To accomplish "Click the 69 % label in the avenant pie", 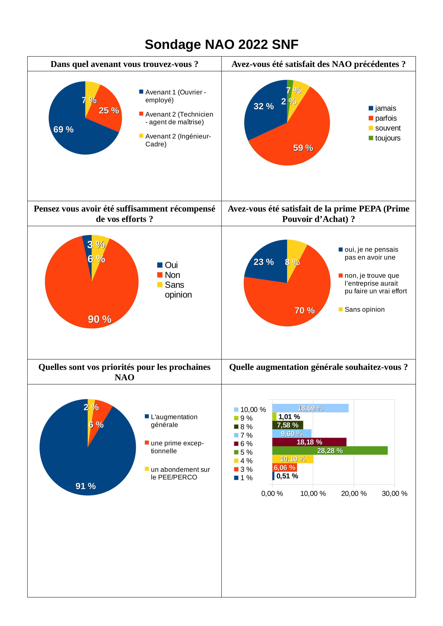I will point(63,130).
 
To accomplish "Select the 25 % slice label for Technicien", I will point(109,110).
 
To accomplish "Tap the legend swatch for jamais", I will point(371,108).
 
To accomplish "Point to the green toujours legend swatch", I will point(371,138).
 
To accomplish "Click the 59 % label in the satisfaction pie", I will point(303,148).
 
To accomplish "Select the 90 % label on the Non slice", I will point(99,319).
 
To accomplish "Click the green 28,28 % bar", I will point(330,451).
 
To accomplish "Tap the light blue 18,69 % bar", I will point(310,408).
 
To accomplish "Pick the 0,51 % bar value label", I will point(287,476).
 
